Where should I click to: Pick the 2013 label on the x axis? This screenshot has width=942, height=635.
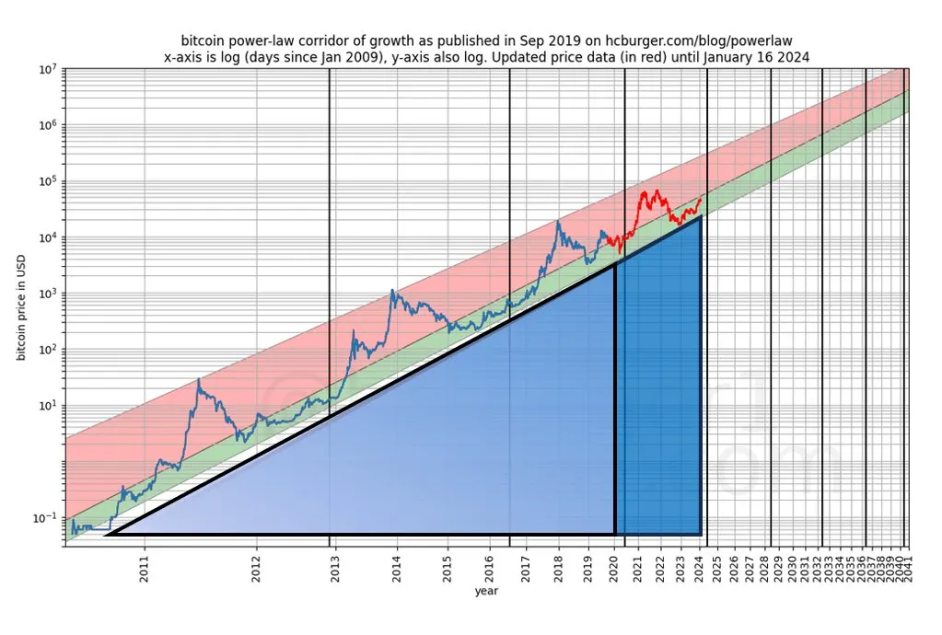pyautogui.click(x=334, y=563)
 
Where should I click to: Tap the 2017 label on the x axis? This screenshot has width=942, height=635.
pyautogui.click(x=525, y=563)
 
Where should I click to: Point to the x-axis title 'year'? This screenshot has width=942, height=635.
pyautogui.click(x=486, y=591)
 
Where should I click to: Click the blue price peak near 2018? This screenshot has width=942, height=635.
pyautogui.click(x=558, y=221)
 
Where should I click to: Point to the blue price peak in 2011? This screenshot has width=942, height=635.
pyautogui.click(x=199, y=379)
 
